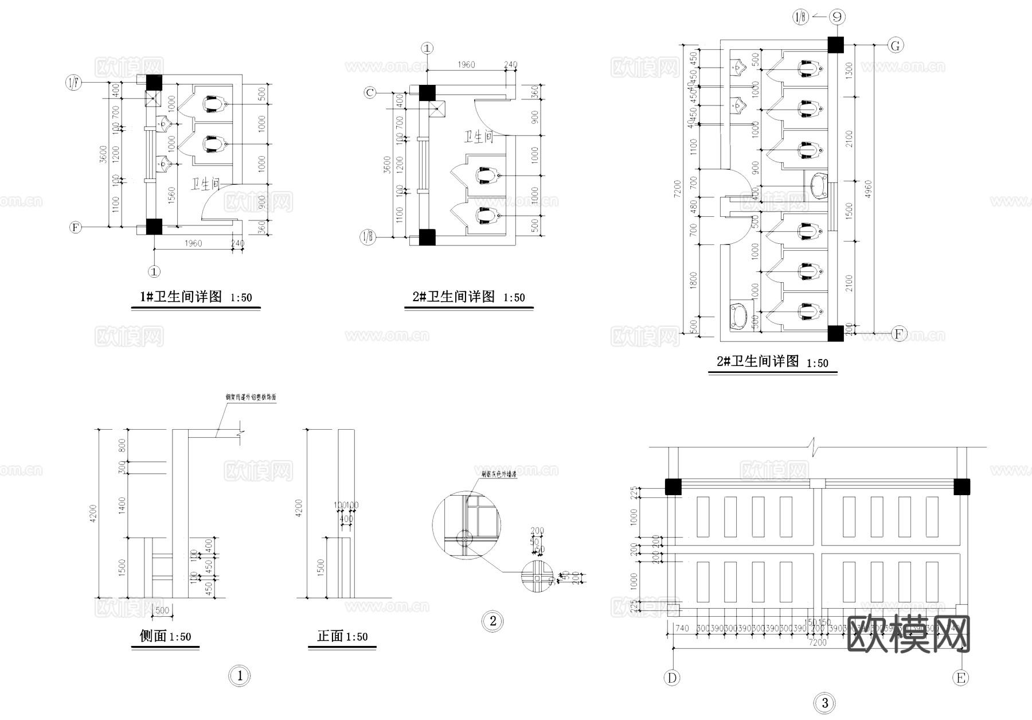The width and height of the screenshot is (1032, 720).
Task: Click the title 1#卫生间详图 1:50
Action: pos(196,297)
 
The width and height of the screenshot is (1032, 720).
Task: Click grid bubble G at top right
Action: pos(895,45)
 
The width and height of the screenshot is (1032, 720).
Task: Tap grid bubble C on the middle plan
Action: pos(370,92)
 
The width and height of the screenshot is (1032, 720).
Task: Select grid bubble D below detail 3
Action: pos(672,678)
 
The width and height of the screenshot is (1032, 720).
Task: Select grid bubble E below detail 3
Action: pos(961,678)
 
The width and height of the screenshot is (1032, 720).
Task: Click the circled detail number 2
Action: pos(492,621)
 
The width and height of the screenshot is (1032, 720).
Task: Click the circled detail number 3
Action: pos(824,703)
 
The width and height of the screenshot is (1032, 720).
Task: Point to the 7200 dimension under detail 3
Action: pos(817,643)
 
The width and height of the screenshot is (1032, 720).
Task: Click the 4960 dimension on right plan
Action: pos(868,189)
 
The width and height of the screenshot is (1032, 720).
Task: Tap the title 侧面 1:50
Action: pos(165,636)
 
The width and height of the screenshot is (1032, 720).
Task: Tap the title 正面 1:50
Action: pos(342,636)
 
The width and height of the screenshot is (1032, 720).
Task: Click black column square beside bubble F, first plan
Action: pos(154,227)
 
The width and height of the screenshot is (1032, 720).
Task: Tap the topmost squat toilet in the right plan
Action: pos(809,68)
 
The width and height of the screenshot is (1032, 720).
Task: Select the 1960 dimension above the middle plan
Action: pos(466,64)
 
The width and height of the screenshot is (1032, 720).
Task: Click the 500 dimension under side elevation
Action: pos(162,610)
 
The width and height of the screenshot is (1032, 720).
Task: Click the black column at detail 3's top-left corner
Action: pos(673,487)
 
